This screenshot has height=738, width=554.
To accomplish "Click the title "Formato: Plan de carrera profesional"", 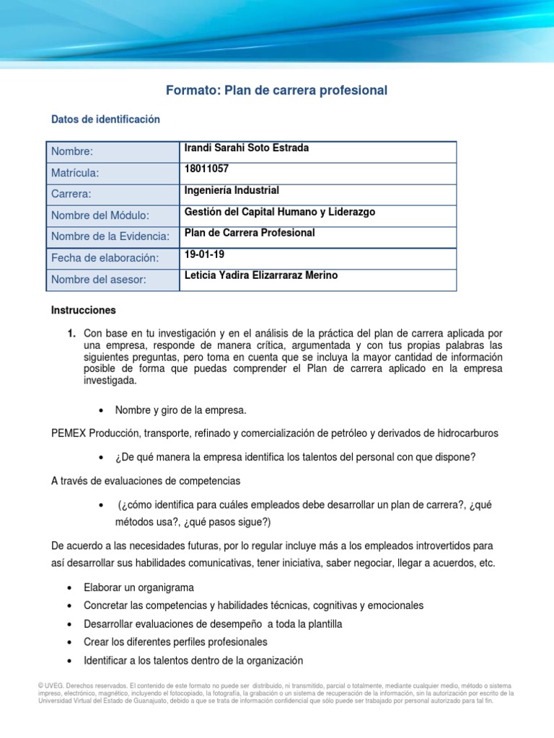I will click(276, 90).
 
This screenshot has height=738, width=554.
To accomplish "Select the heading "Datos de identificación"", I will click(105, 119).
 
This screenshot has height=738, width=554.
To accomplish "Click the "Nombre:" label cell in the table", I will click(72, 152).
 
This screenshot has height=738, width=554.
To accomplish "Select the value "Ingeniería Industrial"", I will click(232, 191).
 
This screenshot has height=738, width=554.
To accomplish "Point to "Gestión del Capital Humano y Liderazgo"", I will click(280, 212).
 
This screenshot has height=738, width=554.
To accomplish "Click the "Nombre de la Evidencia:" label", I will click(110, 237).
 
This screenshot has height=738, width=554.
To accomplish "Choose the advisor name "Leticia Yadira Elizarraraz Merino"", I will click(260, 275).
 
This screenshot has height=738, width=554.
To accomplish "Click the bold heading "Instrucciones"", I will click(83, 311).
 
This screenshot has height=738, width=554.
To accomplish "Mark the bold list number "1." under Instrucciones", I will click(71, 333).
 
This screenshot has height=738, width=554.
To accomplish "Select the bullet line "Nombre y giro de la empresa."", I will click(180, 410).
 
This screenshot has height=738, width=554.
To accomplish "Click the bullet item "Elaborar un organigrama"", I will click(138, 587).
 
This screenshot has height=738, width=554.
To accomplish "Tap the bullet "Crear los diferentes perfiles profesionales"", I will click(175, 641).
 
